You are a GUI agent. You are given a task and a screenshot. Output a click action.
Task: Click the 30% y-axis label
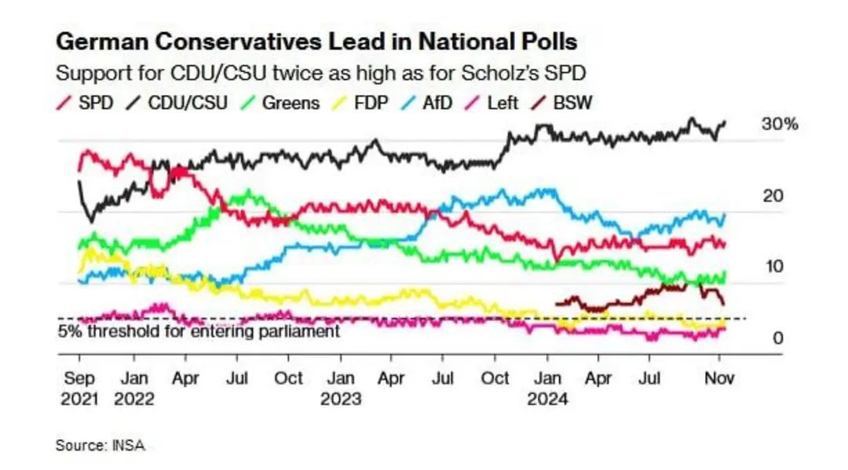(x=779, y=125)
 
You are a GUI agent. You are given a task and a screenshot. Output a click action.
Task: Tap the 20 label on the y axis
(x=773, y=195)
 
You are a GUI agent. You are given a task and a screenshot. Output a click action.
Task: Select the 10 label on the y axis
(x=773, y=267)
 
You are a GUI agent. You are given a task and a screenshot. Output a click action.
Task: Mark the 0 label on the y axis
(x=777, y=338)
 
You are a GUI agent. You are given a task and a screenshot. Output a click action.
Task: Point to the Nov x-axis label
(x=718, y=377)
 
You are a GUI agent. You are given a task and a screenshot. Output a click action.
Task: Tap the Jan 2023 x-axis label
(x=340, y=388)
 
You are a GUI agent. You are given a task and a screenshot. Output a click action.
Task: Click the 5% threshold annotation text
(x=199, y=331)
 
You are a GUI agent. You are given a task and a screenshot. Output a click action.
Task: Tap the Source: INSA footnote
(x=100, y=445)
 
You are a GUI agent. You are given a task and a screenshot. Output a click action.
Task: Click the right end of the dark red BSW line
(x=723, y=304)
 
